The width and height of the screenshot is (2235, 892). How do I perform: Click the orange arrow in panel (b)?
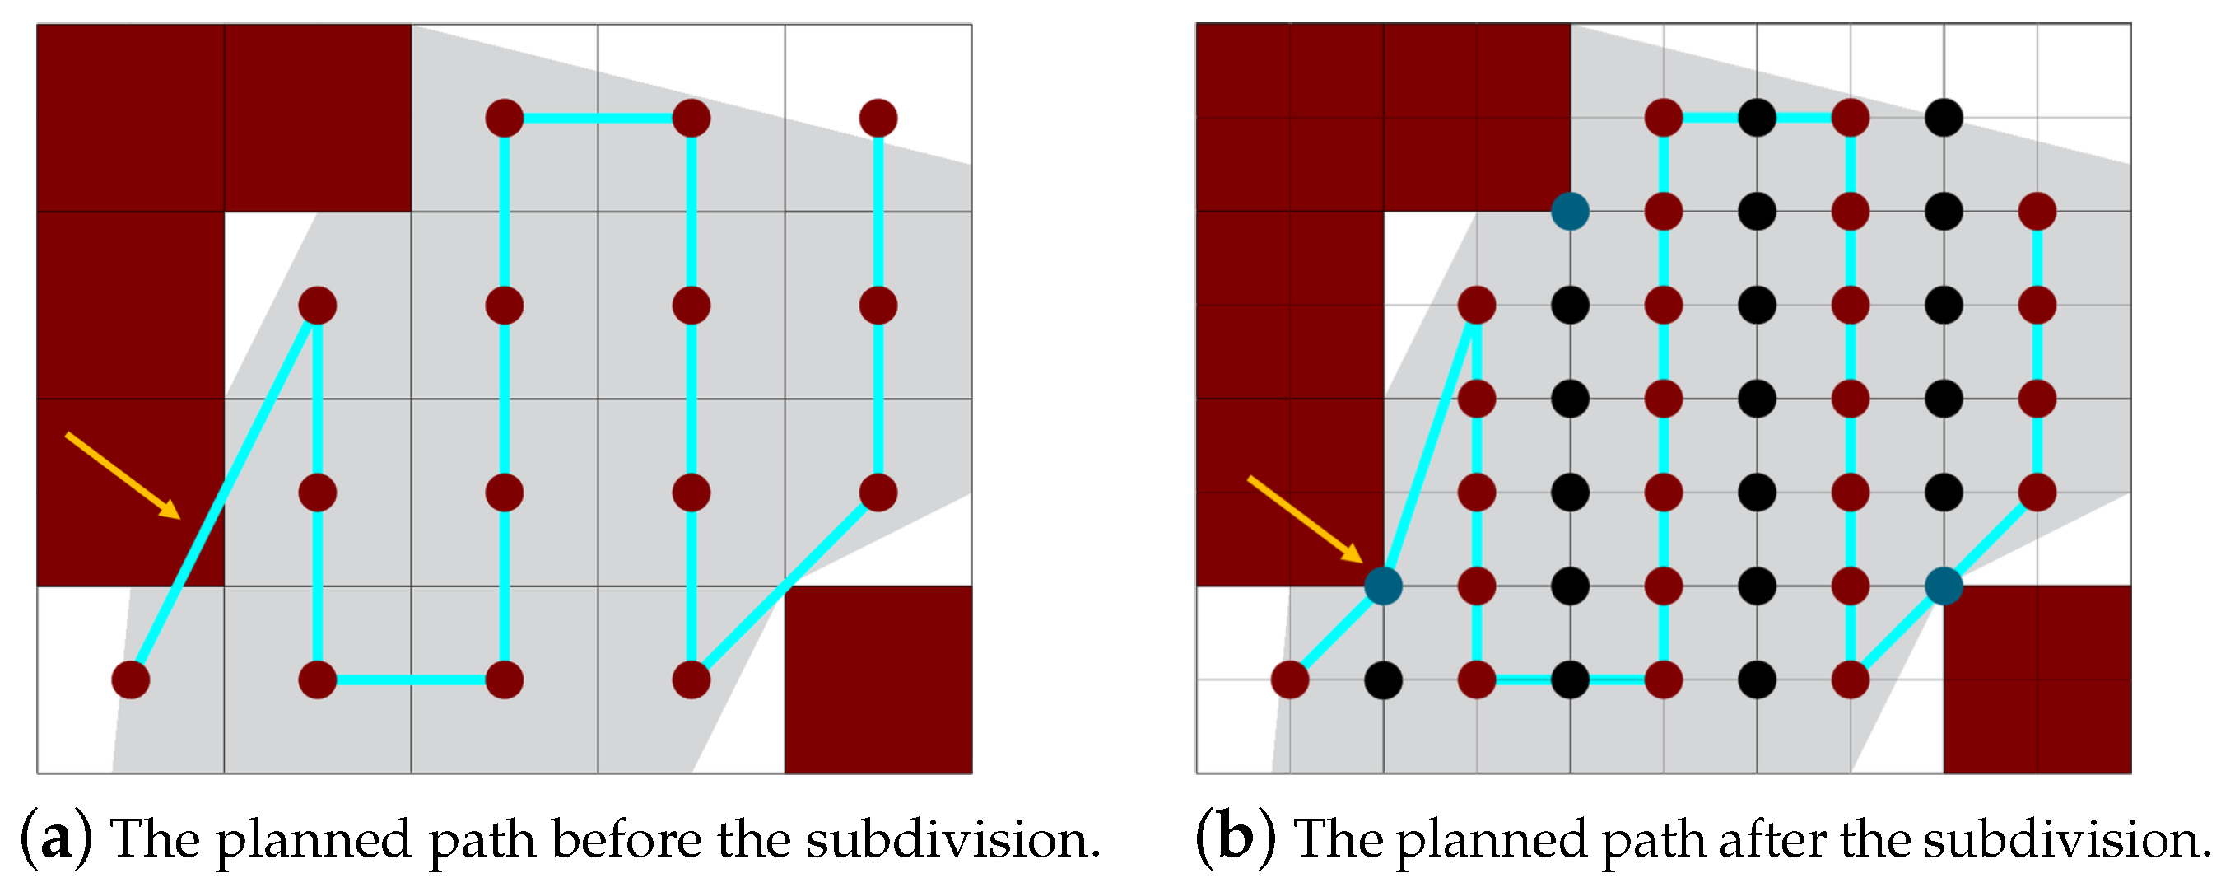point(1303,517)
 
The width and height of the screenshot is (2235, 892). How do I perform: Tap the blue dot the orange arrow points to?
point(1383,586)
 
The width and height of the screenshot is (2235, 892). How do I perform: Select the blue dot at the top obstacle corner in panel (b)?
point(1570,211)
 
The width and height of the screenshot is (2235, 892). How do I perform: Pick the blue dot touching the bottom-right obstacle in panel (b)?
point(1944,586)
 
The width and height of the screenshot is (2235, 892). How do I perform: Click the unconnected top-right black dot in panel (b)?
point(1944,117)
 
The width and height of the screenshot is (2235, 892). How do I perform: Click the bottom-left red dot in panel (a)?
point(130,680)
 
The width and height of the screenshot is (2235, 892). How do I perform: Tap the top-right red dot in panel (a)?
point(878,117)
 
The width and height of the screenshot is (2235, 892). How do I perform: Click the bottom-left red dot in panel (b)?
point(1289,680)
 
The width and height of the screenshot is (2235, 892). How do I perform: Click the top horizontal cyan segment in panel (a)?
point(597,117)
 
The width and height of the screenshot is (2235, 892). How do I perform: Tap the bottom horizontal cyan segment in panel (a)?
point(411,680)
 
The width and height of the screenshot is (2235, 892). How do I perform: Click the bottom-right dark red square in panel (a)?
point(878,680)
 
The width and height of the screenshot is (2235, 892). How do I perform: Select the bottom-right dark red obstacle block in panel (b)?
point(2037,680)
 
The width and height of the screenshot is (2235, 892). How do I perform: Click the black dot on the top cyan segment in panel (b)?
point(1757,117)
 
